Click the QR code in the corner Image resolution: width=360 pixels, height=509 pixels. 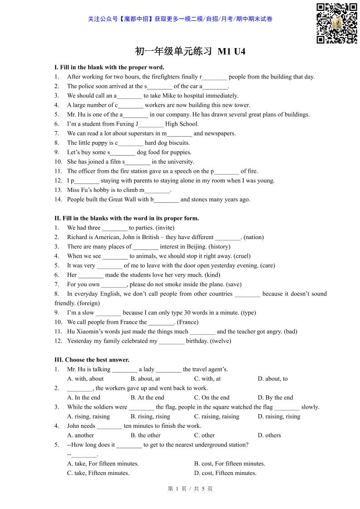336,23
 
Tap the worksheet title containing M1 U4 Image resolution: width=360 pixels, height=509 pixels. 190,51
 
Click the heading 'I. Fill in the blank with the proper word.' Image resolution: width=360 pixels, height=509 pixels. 109,67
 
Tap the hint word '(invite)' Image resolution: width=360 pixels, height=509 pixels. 164,228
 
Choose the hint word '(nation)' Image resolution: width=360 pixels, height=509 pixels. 253,237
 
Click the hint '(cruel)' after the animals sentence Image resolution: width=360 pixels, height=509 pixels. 242,256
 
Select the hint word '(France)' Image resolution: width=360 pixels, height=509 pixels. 187,322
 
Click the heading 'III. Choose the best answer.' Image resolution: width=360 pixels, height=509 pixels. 92,360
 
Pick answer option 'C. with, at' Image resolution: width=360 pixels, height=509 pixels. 207,379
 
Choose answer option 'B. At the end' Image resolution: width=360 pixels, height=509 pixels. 148,397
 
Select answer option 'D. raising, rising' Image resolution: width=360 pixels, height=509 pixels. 279,416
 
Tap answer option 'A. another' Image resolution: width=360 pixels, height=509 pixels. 80,435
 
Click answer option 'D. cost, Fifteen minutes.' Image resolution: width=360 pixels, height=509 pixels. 225,473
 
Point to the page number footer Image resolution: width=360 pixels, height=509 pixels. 190,489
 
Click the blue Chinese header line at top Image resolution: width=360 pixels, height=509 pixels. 180,19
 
